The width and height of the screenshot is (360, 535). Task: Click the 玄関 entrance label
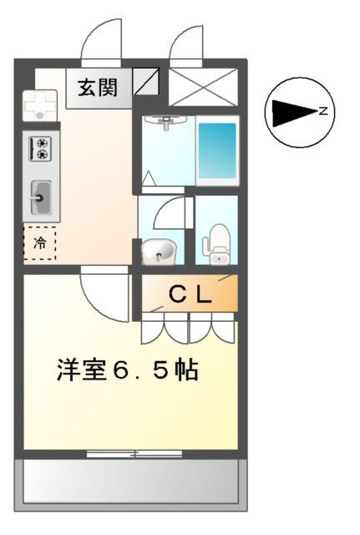click(99, 87)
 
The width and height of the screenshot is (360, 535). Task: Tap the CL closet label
click(190, 293)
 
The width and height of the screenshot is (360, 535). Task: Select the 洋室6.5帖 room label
click(128, 370)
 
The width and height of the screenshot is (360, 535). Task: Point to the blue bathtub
click(217, 148)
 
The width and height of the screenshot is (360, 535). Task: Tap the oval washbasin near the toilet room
click(159, 251)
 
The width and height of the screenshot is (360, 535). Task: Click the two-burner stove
click(40, 149)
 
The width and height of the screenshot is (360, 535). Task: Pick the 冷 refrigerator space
click(40, 243)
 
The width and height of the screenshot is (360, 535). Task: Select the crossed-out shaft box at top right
click(204, 86)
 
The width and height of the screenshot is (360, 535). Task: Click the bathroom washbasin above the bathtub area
click(166, 122)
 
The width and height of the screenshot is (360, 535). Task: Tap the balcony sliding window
click(134, 454)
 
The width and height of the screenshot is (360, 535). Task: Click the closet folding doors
click(189, 329)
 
